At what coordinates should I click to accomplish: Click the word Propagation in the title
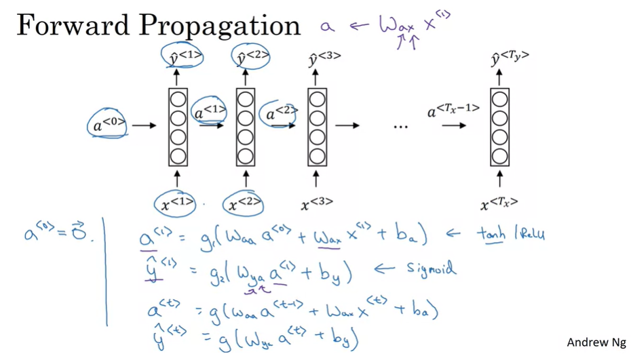pyautogui.click(x=218, y=27)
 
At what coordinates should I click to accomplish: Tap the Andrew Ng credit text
pyautogui.click(x=596, y=342)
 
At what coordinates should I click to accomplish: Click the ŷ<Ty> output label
pyautogui.click(x=510, y=59)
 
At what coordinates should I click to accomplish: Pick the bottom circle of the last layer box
pyautogui.click(x=500, y=157)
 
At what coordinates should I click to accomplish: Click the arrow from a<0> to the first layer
pyautogui.click(x=144, y=125)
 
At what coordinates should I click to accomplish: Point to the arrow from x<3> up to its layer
pyautogui.click(x=317, y=180)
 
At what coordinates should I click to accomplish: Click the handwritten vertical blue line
pyautogui.click(x=105, y=271)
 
